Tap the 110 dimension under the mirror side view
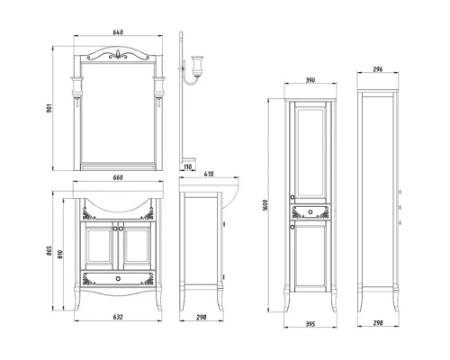pos(188,166)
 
